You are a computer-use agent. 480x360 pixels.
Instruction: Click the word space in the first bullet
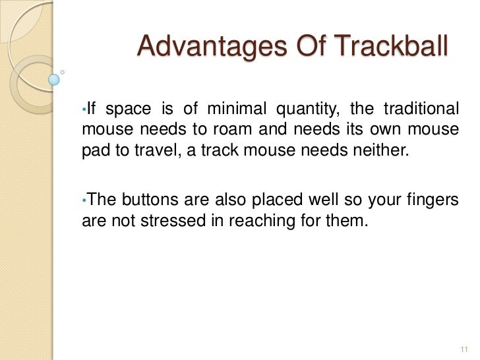tap(128, 109)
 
